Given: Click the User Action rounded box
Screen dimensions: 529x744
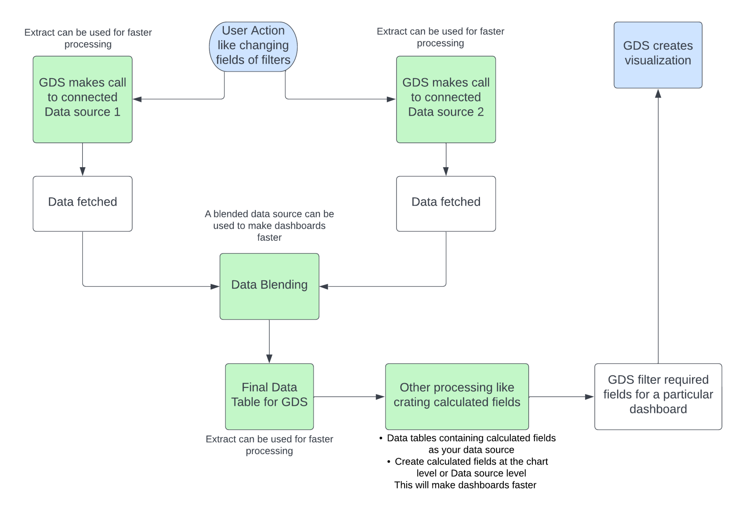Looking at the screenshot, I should (253, 46).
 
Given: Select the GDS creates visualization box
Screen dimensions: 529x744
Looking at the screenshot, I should (658, 55).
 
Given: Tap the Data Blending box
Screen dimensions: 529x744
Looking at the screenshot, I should (269, 286).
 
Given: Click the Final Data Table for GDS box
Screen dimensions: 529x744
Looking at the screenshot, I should (269, 396).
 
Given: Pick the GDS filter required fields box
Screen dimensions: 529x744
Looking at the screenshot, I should (658, 396).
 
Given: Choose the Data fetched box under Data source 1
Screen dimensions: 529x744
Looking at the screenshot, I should (82, 204).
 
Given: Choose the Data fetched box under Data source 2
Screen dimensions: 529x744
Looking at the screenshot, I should (446, 204).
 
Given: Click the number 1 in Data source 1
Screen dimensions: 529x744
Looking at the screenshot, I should (117, 112).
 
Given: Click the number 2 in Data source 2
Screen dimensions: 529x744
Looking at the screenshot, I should (480, 112).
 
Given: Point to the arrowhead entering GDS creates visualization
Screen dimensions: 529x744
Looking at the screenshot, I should (658, 93).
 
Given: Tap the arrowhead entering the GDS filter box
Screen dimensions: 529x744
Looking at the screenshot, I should (589, 397).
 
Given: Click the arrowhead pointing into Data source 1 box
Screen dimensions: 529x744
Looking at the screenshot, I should (137, 99).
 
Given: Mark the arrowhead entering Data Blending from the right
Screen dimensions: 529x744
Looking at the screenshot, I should (324, 286).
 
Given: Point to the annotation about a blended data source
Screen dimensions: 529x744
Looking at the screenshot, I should (269, 225).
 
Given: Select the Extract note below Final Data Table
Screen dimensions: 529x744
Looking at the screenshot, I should (269, 445).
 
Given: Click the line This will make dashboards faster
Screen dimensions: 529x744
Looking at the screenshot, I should (465, 485).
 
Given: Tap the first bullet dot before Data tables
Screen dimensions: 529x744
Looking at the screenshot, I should (381, 438).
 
